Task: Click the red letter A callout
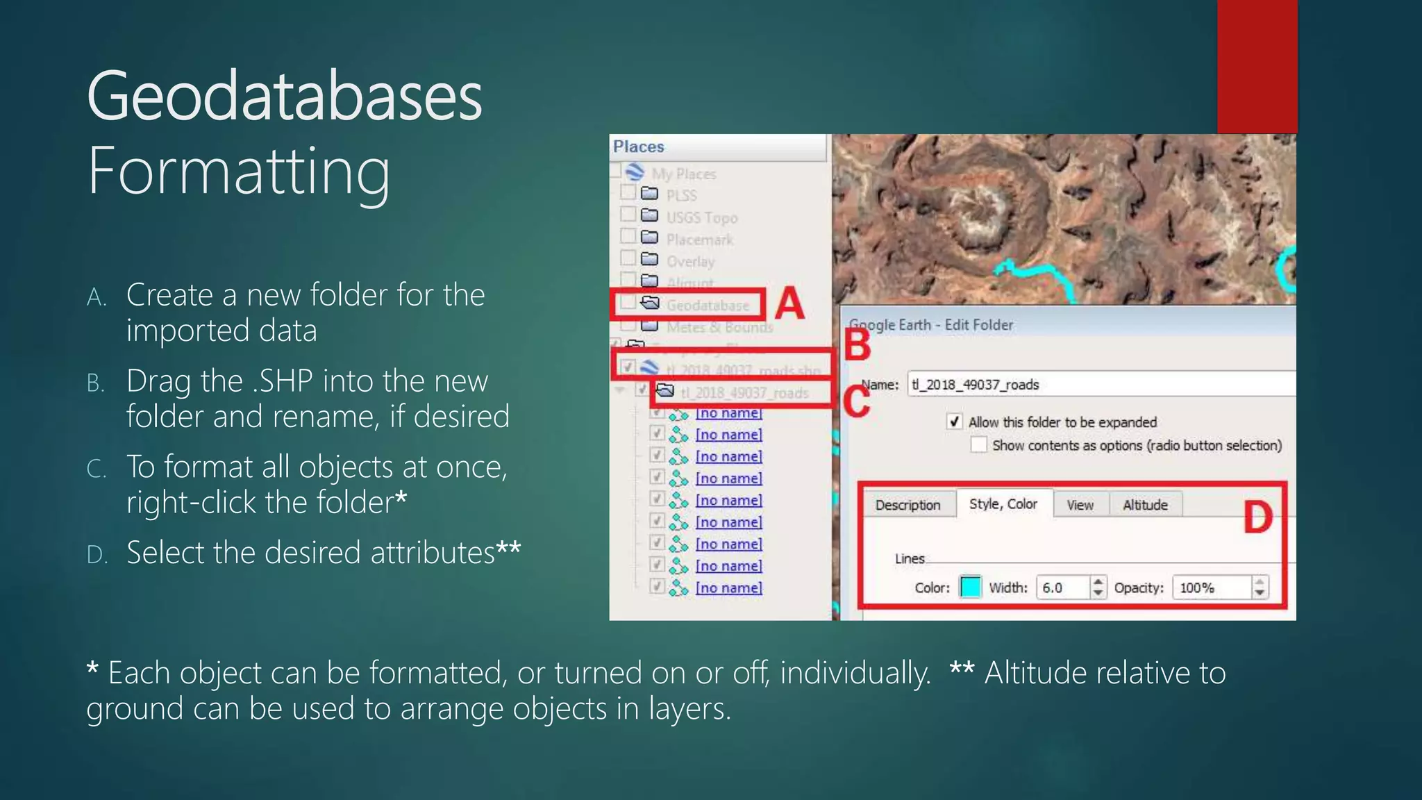(x=789, y=304)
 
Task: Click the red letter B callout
(x=858, y=344)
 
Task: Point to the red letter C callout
(x=856, y=401)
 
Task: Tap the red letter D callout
(x=1257, y=517)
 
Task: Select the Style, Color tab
(x=1003, y=504)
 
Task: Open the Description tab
(x=907, y=505)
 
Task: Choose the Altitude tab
(x=1145, y=505)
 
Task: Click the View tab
(x=1080, y=505)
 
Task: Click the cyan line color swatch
(x=970, y=587)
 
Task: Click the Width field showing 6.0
(x=1062, y=587)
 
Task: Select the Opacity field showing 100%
(x=1212, y=587)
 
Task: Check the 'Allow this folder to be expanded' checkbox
(x=955, y=422)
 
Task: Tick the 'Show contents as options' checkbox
(x=978, y=444)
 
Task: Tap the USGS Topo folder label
(x=701, y=217)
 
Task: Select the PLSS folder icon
(x=649, y=194)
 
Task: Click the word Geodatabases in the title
(x=285, y=97)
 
